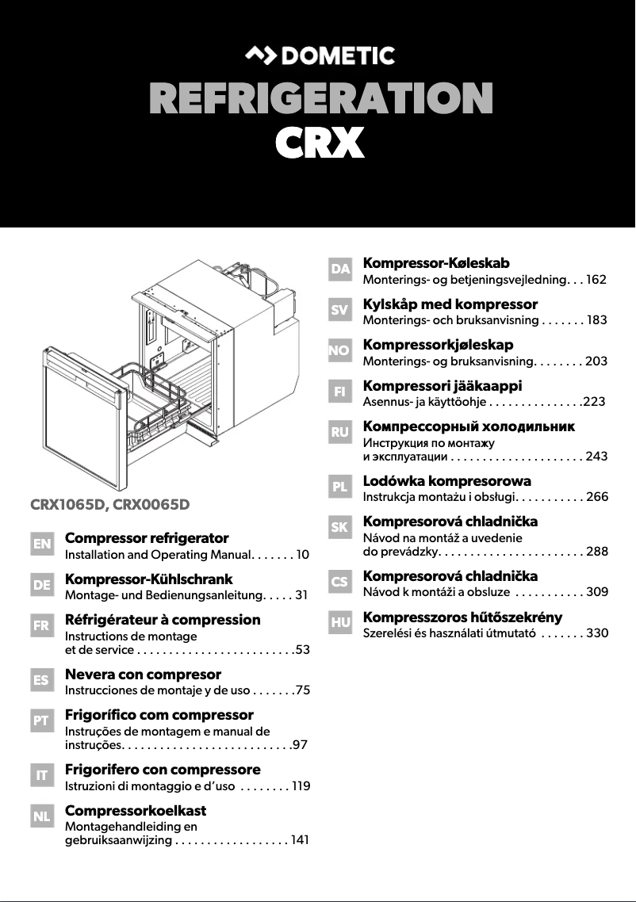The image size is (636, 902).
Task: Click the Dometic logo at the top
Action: coord(319,55)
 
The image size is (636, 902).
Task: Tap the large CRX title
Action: coord(319,144)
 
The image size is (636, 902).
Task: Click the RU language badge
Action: coord(340,433)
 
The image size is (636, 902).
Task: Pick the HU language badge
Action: coord(340,623)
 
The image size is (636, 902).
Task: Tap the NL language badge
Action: coord(41,816)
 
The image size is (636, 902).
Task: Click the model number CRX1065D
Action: coord(69,503)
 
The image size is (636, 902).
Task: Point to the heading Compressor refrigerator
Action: coord(147,538)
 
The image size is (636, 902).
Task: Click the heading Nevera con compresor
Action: coord(143,674)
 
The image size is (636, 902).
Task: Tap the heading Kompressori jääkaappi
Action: coord(442,386)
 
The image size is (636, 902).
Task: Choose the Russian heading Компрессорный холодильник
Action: coord(469,426)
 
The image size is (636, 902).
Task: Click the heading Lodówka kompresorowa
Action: coord(446,480)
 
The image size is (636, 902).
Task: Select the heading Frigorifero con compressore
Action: coord(163,769)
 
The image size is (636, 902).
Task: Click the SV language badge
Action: coord(340,311)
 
